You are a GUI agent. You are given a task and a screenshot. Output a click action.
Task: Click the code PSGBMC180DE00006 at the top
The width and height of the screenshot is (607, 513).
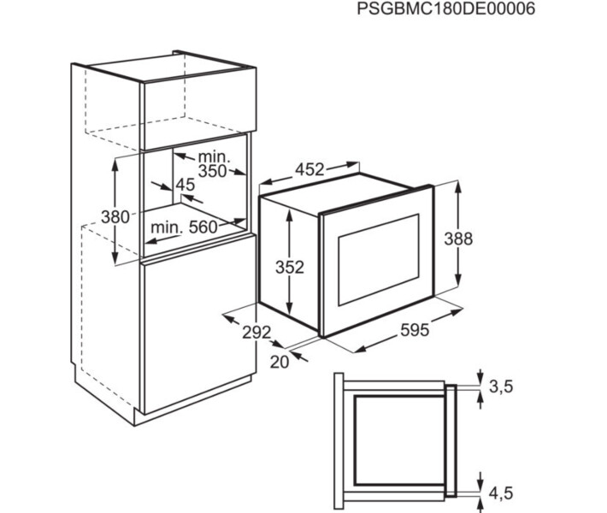coord(446,9)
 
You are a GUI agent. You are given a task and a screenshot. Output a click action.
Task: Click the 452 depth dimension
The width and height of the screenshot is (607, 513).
coord(309,169)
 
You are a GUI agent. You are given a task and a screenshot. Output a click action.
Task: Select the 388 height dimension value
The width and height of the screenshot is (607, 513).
coord(458,239)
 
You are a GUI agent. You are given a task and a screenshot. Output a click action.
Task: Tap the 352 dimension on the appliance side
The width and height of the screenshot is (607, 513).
coord(290,267)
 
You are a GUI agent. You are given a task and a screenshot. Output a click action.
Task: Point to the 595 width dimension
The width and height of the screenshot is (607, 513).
coord(415,330)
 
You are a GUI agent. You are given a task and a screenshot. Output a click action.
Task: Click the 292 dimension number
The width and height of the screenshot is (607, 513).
coord(256,333)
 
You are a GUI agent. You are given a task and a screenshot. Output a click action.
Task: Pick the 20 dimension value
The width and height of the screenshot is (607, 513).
coord(280,362)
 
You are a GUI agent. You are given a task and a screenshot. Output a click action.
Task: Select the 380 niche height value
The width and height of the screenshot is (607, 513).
coord(115,217)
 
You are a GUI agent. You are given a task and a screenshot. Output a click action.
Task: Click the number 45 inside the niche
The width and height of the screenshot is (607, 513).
coord(186,185)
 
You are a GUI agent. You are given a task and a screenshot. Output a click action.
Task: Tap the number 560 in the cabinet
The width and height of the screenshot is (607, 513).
coord(203,227)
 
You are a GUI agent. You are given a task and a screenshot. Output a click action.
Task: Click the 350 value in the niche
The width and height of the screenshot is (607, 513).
coord(212,171)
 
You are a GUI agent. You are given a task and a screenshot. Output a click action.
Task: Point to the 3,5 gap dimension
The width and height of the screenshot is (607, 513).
coord(501,386)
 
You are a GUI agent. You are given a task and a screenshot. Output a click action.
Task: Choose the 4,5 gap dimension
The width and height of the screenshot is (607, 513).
coord(501,493)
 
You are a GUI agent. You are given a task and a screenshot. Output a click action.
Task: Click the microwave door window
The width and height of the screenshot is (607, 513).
coord(379,260)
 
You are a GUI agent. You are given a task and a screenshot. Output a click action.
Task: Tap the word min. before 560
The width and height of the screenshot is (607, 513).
coord(167,227)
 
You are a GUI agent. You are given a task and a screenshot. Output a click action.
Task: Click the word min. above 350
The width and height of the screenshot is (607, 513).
coord(214,156)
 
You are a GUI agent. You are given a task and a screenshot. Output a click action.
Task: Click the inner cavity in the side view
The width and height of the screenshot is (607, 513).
coord(399,440)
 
